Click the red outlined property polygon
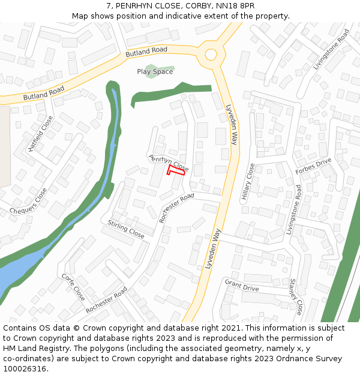[x=175, y=172]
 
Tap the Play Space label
[x=155, y=72]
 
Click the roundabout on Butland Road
[x=211, y=55]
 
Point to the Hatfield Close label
[x=41, y=133]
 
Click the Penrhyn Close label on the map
[x=169, y=161]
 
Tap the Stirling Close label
[x=126, y=229]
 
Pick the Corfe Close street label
[x=73, y=287]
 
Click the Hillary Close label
[x=248, y=184]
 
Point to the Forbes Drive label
[x=313, y=166]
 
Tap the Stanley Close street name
[x=296, y=296]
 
